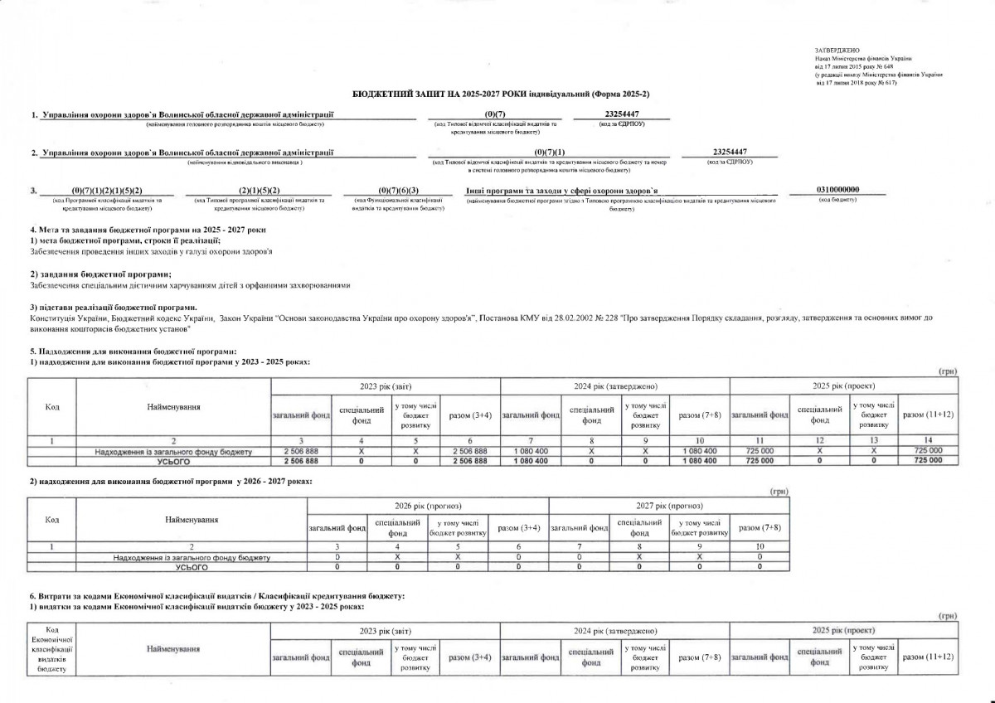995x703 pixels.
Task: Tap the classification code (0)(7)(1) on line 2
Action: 550,152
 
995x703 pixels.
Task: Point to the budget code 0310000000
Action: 838,190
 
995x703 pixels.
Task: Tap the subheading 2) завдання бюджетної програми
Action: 100,273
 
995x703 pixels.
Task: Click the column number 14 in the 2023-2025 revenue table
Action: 928,439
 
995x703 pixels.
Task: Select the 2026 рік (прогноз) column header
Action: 427,506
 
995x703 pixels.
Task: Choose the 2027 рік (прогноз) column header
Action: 669,506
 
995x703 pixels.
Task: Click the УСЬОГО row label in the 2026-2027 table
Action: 192,568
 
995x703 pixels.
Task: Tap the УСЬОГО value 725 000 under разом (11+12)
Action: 928,461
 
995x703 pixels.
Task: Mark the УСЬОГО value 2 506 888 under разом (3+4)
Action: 470,461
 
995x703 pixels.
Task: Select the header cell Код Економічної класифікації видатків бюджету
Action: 52,655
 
